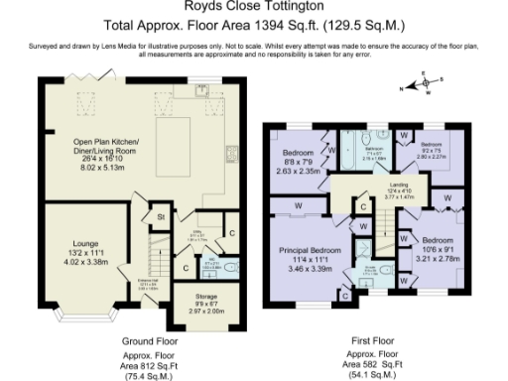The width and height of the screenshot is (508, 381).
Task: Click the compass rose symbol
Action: pyautogui.click(x=428, y=85)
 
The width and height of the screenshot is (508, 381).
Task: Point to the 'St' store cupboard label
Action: pyautogui.click(x=159, y=215)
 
